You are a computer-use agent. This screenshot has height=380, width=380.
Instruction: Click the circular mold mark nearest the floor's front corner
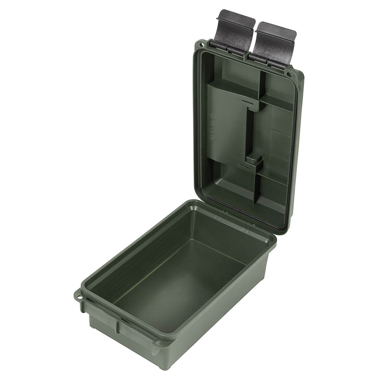point(154,318)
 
